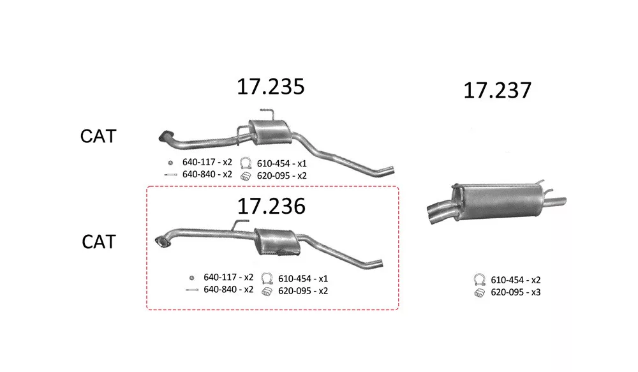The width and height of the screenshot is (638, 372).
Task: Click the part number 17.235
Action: pos(271,87)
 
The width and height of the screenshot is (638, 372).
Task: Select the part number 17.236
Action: pos(271,206)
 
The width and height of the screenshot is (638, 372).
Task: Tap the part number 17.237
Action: pos(497,91)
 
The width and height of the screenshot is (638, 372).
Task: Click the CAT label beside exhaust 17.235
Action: pos(98,136)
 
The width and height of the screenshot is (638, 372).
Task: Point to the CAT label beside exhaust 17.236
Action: pos(99,241)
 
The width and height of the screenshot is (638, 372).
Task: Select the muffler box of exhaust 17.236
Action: pos(278,242)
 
